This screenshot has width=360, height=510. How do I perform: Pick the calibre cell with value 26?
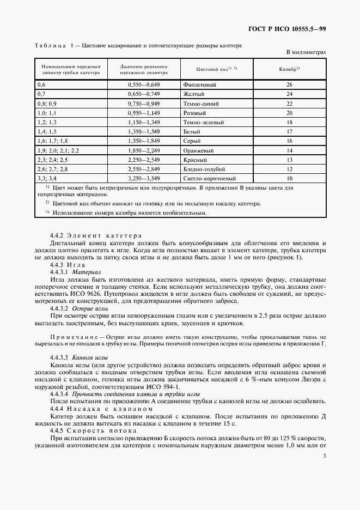coord(290,84)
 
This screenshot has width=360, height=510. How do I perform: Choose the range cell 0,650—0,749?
coord(144,94)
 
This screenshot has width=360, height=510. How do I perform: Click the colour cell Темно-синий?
coord(202,104)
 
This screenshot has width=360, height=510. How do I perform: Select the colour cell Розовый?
coord(196,113)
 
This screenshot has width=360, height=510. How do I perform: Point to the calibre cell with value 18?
coord(290,122)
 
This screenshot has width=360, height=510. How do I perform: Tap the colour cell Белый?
coord(192,131)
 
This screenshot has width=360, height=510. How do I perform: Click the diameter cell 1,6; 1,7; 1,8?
coord(52,141)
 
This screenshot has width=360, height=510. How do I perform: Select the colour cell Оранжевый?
coord(200,150)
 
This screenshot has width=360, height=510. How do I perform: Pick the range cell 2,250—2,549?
coord(144,160)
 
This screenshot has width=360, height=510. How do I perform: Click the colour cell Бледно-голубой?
coord(204,169)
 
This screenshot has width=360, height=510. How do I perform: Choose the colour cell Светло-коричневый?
coord(210,178)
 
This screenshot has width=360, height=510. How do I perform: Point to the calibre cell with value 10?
coord(290,178)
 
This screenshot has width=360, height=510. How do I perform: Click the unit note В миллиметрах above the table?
coord(306,52)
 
